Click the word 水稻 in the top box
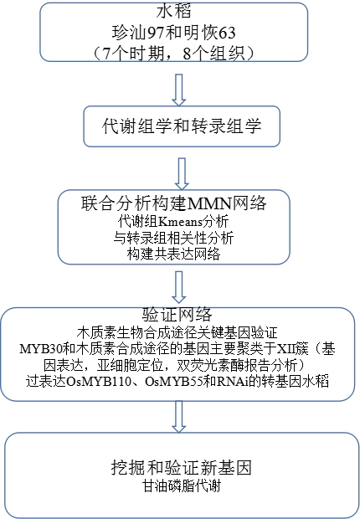tap(174, 11)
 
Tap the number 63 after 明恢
tap(227, 33)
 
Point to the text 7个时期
tap(133, 54)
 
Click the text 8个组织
tap(213, 54)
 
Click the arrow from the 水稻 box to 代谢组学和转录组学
tap(179, 90)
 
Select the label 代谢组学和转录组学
tap(182, 126)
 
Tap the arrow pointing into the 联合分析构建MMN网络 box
tap(182, 174)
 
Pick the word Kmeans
tap(181, 222)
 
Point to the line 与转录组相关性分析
tap(173, 238)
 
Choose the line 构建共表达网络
tap(173, 254)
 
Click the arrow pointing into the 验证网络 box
tap(179, 287)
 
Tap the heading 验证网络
tap(177, 315)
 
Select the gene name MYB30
tap(40, 349)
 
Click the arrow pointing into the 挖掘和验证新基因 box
tap(179, 417)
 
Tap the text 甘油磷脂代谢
tap(182, 486)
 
